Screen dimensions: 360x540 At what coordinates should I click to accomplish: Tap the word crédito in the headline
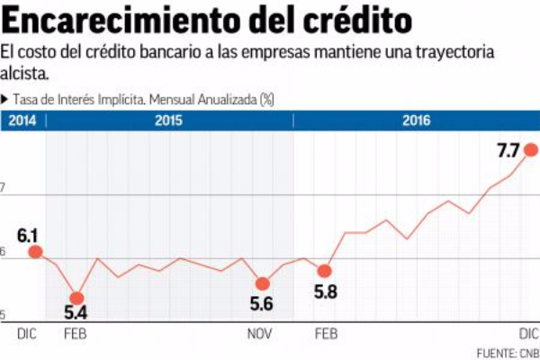[x=358, y=20]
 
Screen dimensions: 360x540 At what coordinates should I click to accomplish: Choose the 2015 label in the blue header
[x=169, y=121]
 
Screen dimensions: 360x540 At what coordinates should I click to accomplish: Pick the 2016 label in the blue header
[x=415, y=121]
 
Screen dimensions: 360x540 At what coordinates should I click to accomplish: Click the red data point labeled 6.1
[x=35, y=252]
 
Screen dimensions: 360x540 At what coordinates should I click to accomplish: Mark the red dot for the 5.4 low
[x=76, y=298]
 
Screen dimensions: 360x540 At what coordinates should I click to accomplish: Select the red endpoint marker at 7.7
[x=532, y=149]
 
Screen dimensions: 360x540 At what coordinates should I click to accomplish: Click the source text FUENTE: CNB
[x=508, y=351]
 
